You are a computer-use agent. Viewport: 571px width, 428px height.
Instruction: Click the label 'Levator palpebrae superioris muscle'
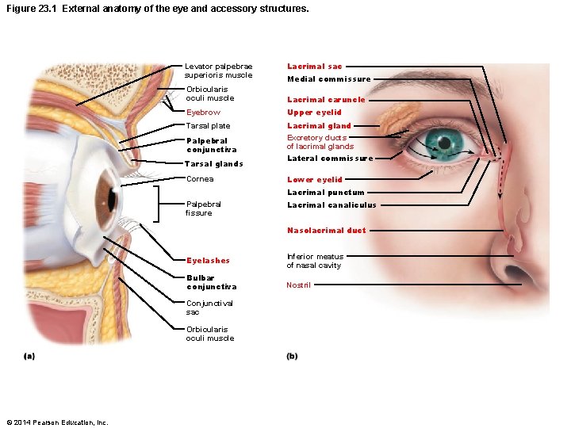[218, 71]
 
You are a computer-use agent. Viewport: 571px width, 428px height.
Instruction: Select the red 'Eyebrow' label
[203, 113]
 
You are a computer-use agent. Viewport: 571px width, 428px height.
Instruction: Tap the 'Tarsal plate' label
[208, 126]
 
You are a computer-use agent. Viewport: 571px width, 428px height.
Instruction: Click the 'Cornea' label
[199, 179]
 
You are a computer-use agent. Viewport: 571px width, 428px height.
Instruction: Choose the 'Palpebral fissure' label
[203, 208]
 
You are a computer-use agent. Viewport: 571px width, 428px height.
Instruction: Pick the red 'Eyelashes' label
[208, 261]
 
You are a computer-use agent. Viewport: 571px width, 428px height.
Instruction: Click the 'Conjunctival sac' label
[209, 308]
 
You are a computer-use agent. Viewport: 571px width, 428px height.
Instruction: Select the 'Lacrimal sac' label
[314, 67]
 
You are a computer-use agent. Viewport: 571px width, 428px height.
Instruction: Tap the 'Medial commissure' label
[328, 79]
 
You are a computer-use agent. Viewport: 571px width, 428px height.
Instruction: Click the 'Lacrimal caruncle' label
[326, 100]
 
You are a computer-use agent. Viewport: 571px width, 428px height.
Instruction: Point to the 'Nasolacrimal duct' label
[326, 231]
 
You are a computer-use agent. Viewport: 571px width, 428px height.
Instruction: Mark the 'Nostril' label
[298, 285]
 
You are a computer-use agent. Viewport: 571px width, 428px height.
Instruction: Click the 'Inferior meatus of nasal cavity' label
[314, 261]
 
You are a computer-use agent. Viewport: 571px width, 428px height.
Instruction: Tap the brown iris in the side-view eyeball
[105, 194]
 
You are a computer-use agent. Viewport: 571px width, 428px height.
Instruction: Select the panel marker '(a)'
[29, 357]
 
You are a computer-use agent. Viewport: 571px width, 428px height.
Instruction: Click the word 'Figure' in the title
[20, 9]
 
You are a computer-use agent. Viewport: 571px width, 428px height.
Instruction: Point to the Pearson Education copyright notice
[56, 421]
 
